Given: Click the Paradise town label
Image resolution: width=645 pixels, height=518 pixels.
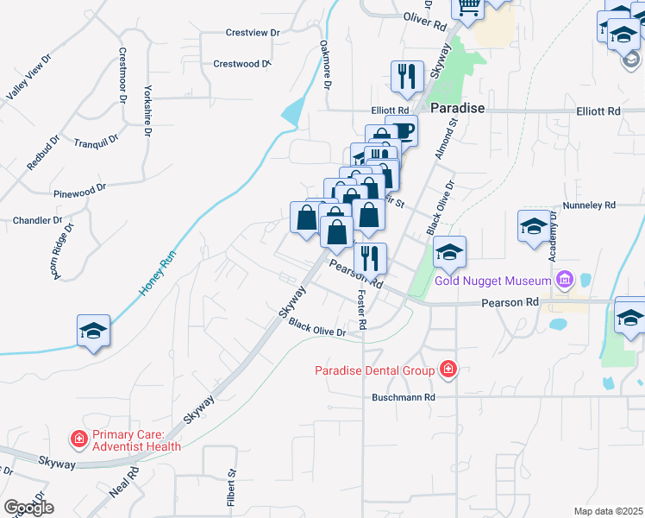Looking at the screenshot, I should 456,109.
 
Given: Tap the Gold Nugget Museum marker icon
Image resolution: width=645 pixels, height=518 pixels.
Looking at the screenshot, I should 566,280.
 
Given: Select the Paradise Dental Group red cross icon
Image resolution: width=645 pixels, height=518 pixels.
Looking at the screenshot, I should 447,370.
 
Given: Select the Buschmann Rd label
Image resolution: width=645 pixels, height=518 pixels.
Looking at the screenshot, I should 404,397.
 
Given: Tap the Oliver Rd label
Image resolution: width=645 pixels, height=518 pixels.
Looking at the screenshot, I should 426,17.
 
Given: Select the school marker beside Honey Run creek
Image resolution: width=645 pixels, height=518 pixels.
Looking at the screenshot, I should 93,332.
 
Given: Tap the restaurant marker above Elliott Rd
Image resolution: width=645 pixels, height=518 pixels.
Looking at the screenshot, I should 405,77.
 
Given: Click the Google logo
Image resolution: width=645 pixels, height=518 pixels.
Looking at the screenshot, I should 28,508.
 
